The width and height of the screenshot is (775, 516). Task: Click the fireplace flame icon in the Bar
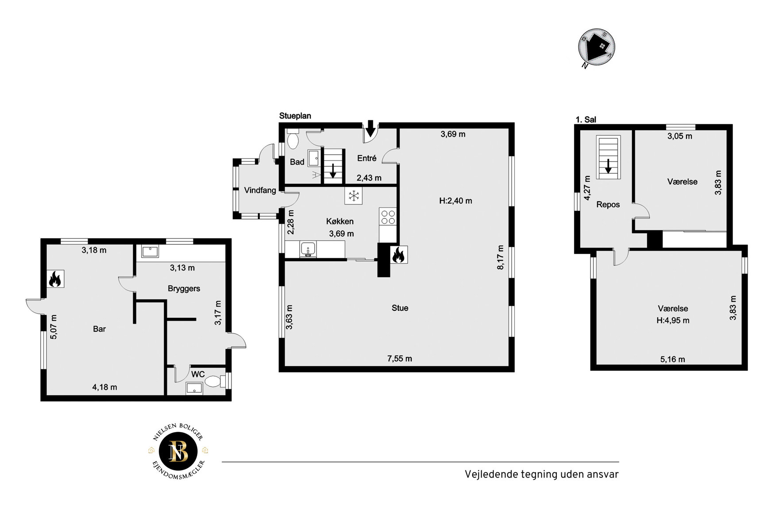click(x=55, y=279)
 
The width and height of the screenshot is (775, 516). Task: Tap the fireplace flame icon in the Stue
click(x=398, y=255)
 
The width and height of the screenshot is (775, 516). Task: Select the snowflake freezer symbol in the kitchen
click(x=354, y=195)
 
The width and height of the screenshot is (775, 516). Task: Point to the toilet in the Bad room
click(x=293, y=139)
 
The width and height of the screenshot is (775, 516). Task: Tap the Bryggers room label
click(x=184, y=289)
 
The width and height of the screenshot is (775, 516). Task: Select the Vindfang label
click(x=260, y=191)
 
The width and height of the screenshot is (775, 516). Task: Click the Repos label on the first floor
click(x=608, y=205)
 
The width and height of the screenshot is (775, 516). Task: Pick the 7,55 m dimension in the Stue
click(x=400, y=359)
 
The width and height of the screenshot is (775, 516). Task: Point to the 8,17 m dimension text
click(x=501, y=257)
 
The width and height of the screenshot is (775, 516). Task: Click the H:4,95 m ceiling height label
click(x=673, y=321)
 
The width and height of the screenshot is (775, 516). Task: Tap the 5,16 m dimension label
click(x=673, y=359)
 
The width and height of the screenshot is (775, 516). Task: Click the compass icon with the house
click(x=597, y=48)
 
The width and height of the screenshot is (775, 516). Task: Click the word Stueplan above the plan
click(x=295, y=116)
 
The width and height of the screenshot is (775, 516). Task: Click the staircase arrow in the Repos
click(x=608, y=166)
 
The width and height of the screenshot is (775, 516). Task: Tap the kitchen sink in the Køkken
click(x=308, y=249)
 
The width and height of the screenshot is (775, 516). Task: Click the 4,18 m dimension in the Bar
click(x=104, y=387)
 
